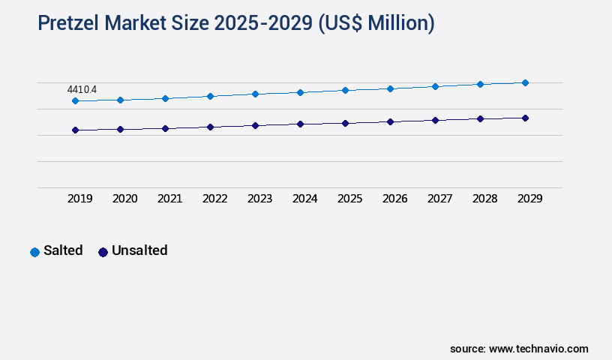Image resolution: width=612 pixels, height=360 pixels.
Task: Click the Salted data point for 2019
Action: coord(75,100)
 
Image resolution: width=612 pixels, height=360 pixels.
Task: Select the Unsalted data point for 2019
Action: coord(75,130)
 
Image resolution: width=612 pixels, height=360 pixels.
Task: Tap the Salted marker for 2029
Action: coord(525,82)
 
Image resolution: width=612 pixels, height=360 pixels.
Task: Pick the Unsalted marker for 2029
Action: coord(525,118)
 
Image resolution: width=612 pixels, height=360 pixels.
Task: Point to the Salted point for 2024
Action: coord(300,92)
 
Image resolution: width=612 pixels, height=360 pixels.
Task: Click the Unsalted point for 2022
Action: coord(210,127)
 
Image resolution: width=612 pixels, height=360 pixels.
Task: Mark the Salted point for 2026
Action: coord(390,88)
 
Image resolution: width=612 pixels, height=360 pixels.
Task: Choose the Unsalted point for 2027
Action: coord(435,120)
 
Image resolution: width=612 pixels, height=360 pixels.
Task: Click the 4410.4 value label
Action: coord(82,89)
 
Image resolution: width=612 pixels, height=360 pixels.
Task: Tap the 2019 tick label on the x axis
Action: coord(80,199)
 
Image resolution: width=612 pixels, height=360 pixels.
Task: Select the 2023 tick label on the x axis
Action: coord(260,199)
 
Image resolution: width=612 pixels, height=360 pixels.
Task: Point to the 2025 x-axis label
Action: coord(350,199)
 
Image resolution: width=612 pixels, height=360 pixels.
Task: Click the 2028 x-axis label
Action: coord(485,199)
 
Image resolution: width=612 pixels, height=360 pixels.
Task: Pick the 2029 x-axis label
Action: coord(530,199)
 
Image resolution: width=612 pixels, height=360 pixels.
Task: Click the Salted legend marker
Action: coord(34,252)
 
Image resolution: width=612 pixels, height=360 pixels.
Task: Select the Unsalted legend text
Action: coord(139,250)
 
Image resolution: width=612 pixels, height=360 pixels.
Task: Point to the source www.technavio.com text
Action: coord(519,349)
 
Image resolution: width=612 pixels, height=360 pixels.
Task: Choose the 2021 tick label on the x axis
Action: coord(170,199)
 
